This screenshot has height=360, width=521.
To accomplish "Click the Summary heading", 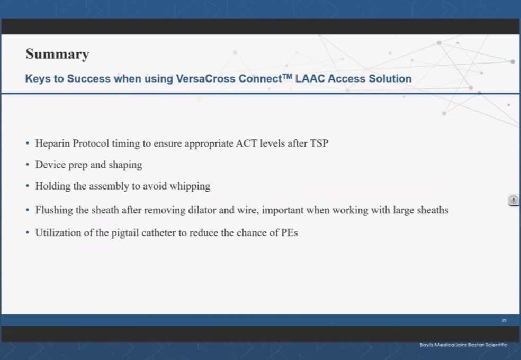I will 57,54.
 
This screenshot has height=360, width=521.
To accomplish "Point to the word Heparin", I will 52,143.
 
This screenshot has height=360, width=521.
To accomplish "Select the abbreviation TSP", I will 318,143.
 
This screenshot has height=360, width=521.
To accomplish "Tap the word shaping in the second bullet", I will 125,165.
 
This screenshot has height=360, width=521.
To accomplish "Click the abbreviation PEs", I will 289,232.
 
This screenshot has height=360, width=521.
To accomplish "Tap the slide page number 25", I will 504,320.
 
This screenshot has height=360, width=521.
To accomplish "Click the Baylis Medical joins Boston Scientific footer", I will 463,345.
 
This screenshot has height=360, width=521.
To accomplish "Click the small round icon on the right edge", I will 513,200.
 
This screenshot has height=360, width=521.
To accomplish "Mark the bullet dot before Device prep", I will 28,165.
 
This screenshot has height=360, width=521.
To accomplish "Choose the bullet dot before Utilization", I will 28,233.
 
